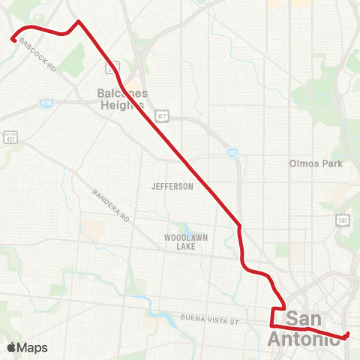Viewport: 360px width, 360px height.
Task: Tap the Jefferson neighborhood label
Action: [172, 186]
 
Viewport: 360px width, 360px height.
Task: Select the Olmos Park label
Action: [316, 163]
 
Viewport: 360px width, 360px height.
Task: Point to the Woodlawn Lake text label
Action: [186, 241]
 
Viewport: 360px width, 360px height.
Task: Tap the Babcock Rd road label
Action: [40, 55]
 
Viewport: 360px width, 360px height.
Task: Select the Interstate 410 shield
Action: [46, 102]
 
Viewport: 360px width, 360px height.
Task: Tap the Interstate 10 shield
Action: [233, 152]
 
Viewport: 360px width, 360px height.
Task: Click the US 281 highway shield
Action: [342, 221]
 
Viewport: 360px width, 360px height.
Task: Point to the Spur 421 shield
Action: [10, 137]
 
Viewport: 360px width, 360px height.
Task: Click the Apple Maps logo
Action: [27, 347]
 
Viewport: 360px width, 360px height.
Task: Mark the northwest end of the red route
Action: [12, 40]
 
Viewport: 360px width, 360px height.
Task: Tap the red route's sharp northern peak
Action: [79, 21]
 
